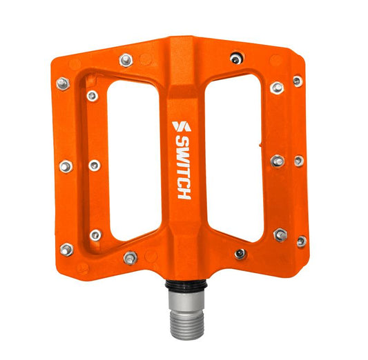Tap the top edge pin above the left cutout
[126, 60]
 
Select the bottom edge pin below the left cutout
[130, 258]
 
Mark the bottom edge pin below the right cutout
[240, 254]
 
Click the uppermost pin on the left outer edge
[63, 83]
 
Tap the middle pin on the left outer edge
[66, 166]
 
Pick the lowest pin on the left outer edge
[66, 249]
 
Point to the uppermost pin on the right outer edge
[298, 81]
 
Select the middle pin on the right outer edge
[299, 161]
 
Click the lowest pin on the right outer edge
[301, 241]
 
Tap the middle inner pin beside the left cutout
[94, 166]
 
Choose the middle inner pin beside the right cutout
[278, 161]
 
